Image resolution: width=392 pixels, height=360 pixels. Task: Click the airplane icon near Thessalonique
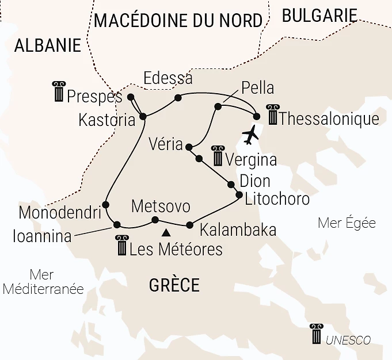click(x=251, y=135)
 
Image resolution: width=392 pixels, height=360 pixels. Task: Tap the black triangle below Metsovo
click(x=166, y=233)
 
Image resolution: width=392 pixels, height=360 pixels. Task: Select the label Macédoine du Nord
click(x=178, y=20)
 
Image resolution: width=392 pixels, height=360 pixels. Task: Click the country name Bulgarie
click(x=319, y=16)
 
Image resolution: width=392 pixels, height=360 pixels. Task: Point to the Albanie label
click(x=48, y=46)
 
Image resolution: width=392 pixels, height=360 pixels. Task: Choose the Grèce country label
click(x=174, y=285)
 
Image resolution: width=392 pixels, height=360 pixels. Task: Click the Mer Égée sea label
click(x=347, y=223)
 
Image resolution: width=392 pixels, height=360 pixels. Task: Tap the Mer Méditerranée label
click(x=43, y=282)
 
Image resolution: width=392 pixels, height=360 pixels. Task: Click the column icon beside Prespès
click(x=59, y=92)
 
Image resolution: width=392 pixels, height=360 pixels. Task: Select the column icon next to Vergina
click(x=218, y=155)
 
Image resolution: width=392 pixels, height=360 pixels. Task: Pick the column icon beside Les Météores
click(x=121, y=246)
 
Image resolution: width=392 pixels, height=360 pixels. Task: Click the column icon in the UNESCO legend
click(x=316, y=334)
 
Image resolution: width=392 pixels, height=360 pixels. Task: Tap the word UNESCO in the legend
click(x=348, y=340)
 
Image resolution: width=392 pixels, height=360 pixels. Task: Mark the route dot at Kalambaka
click(x=189, y=225)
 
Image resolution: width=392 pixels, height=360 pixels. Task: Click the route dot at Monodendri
click(x=106, y=204)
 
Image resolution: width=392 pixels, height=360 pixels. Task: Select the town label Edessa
click(x=168, y=78)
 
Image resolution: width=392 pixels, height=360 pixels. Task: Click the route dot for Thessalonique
click(x=257, y=117)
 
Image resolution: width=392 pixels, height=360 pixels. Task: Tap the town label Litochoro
click(x=277, y=199)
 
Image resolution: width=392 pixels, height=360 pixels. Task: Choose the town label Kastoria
click(x=108, y=120)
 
